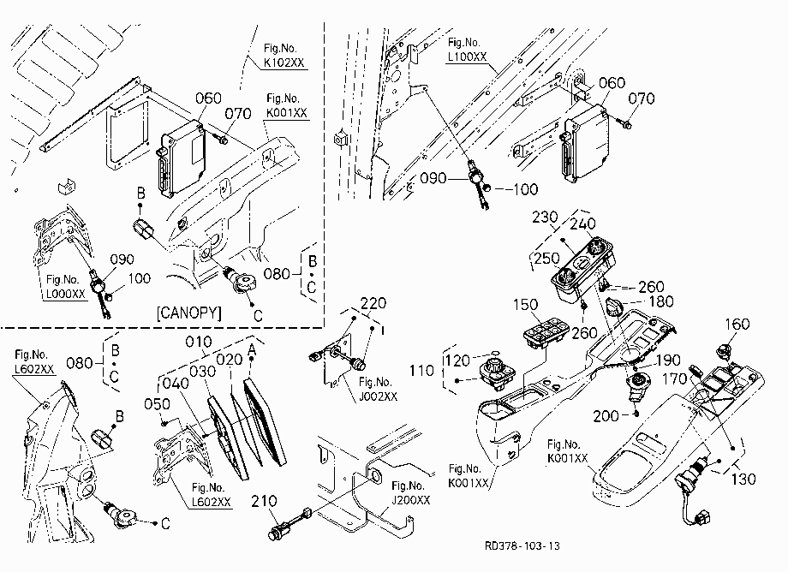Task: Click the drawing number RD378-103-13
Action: (x=522, y=546)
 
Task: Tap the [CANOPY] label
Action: (x=189, y=313)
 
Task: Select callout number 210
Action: (x=264, y=501)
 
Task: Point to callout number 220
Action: (x=373, y=303)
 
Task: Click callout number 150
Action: (x=526, y=304)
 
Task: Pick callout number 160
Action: (x=737, y=324)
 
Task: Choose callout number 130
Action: (x=743, y=479)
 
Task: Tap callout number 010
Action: (x=199, y=342)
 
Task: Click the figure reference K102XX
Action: (x=284, y=63)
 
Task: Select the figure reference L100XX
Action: (x=468, y=57)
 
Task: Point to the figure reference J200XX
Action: (x=411, y=500)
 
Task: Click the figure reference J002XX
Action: (x=379, y=396)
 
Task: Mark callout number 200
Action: (x=606, y=416)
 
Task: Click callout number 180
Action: (x=661, y=301)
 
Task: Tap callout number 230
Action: (x=545, y=217)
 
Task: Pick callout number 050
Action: (x=157, y=404)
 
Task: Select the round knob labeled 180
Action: (x=615, y=307)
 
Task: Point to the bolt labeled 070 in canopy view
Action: (x=221, y=138)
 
